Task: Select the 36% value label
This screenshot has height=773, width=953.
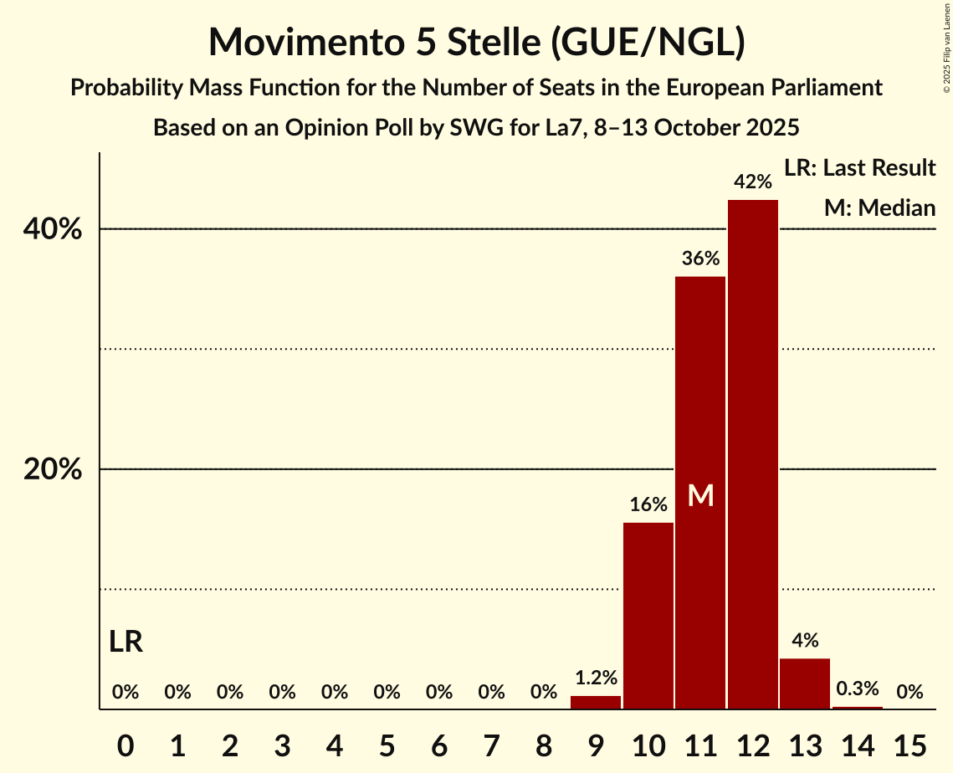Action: (x=700, y=259)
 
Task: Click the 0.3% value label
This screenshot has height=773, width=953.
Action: (x=858, y=689)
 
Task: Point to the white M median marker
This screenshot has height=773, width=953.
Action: (x=700, y=496)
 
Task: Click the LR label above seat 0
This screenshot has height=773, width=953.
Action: (x=126, y=642)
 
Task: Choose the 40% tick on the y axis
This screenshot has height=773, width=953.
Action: (x=53, y=229)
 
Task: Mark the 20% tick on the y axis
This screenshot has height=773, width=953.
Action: (x=53, y=470)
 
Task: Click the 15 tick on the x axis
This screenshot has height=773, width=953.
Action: (x=909, y=744)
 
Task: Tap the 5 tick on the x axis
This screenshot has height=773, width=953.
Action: (x=387, y=744)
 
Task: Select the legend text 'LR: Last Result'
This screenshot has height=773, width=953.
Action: (x=859, y=168)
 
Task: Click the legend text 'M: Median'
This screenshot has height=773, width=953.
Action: (x=879, y=207)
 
